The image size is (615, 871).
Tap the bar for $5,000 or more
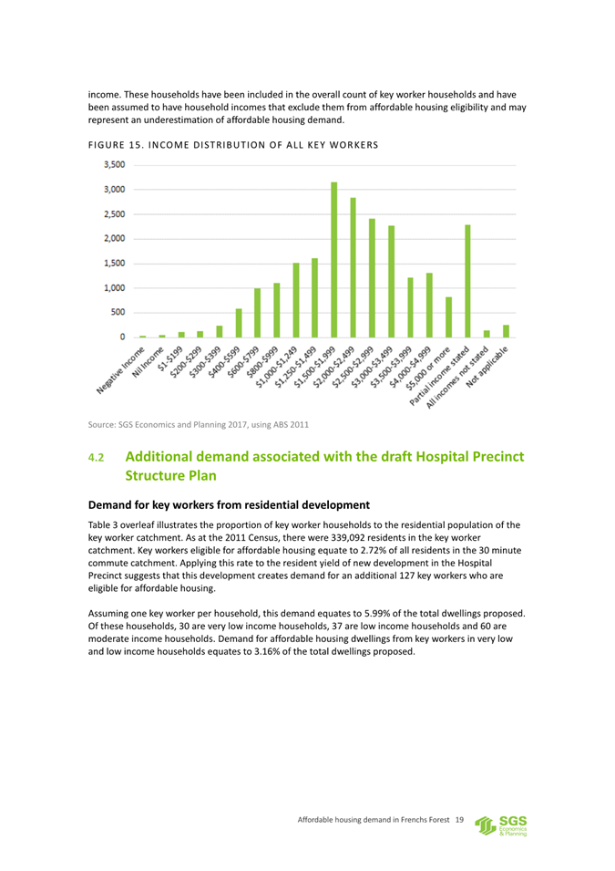pyautogui.click(x=448, y=316)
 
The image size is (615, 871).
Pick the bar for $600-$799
pyautogui.click(x=258, y=313)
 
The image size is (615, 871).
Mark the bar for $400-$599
pyautogui.click(x=239, y=323)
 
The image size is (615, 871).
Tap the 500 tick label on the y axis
pyautogui.click(x=117, y=313)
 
